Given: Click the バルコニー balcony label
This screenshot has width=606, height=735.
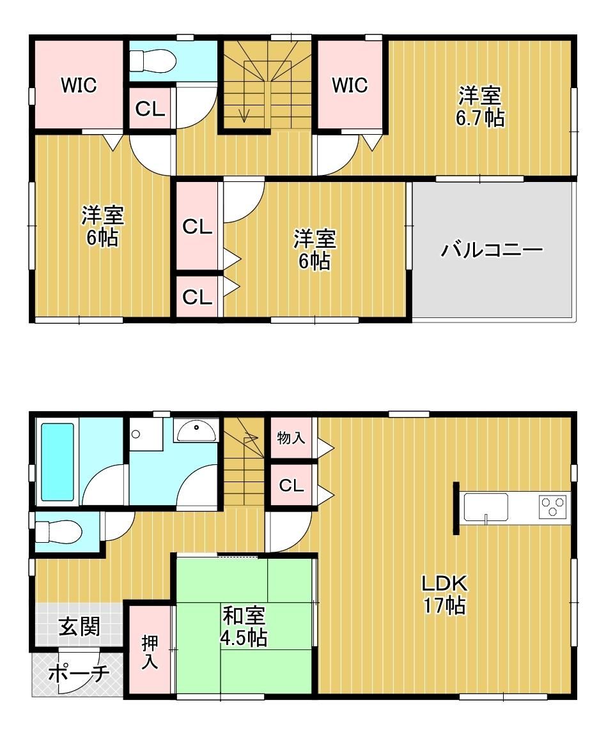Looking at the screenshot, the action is point(491,250).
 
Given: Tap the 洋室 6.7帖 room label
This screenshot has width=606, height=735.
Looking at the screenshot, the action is point(479,107).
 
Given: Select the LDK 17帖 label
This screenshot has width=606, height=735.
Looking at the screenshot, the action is point(444,595).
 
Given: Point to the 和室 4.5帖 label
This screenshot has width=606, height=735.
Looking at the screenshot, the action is point(244,626).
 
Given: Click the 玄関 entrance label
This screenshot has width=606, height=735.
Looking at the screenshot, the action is point(79,626).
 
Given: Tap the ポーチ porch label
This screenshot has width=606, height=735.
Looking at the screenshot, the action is point(79,674).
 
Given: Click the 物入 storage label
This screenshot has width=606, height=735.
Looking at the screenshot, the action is point(291,438).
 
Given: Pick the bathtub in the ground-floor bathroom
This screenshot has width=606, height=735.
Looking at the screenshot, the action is point(58,462).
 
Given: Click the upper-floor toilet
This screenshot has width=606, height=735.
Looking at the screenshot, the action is point(153,61).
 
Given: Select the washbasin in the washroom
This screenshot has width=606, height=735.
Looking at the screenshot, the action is point(196,430).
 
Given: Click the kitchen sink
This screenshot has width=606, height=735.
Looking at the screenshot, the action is point(486,507).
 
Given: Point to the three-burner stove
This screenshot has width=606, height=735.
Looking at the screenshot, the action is point(553,507).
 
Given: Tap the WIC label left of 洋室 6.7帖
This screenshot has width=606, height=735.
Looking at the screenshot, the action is point(350,86).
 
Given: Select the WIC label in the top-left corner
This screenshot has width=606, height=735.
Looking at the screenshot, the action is point(79,86).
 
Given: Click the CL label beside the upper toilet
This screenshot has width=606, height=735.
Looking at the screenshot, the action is point(150,109).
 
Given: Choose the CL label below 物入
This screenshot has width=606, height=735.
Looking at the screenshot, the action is point(291,485).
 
